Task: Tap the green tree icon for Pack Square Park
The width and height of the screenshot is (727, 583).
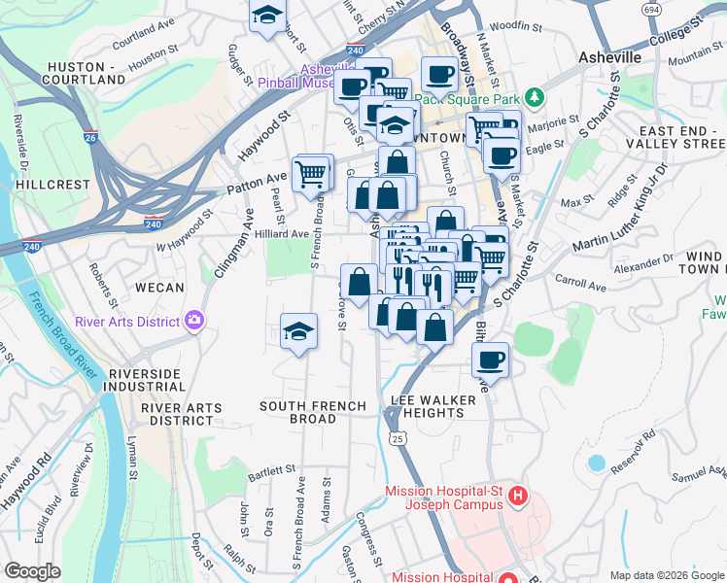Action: click(x=534, y=97)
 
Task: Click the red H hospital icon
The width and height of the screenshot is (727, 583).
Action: click(x=517, y=497)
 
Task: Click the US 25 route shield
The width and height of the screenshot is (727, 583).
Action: click(x=397, y=440)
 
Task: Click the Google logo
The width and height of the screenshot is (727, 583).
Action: click(x=32, y=571)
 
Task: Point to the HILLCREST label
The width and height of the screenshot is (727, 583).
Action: click(x=52, y=184)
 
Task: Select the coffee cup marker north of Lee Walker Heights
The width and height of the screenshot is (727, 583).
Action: click(x=491, y=360)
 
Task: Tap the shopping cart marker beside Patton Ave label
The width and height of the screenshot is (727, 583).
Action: click(x=310, y=174)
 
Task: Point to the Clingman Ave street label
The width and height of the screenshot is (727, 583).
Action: click(x=223, y=253)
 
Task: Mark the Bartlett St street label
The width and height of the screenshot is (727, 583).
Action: click(x=271, y=472)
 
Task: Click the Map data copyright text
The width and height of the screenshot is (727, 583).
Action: click(x=666, y=575)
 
